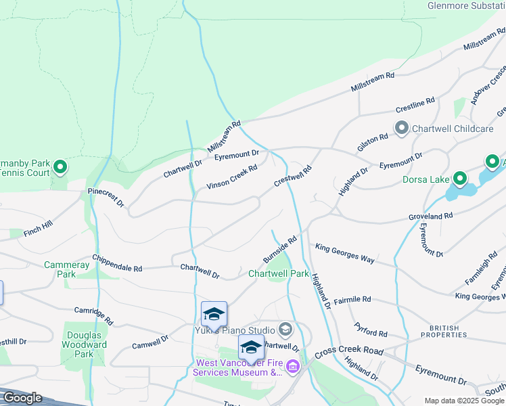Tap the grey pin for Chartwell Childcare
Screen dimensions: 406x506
coord(401,129)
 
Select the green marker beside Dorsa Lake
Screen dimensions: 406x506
coord(460,179)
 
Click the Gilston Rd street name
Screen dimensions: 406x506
coord(372,143)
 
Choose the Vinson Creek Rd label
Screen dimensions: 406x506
coord(232,177)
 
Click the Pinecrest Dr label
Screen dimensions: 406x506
coord(106,198)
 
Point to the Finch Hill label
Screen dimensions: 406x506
coord(37,228)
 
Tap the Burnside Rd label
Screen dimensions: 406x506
coord(280,250)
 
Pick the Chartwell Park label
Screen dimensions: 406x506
coord(278,274)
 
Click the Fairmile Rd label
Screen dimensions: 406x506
coord(352,298)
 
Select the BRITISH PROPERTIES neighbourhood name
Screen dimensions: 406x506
coord(444,331)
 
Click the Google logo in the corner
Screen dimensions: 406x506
coord(22,397)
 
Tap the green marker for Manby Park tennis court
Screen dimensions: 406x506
coord(60,166)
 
